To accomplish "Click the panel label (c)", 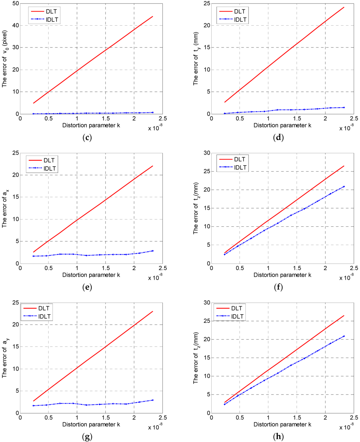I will point(86,137).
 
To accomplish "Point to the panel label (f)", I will point(278,287).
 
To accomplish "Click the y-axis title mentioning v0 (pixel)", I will point(5,60).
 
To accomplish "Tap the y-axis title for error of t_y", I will point(196,60).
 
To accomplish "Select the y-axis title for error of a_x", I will point(5,209).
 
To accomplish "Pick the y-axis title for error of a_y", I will point(5,358).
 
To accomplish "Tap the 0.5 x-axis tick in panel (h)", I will point(240,417).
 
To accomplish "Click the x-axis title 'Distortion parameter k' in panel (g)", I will point(91,424).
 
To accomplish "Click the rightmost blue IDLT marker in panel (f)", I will point(343,186).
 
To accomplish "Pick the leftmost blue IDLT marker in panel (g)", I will point(33,405).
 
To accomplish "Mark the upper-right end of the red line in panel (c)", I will point(153,16).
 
